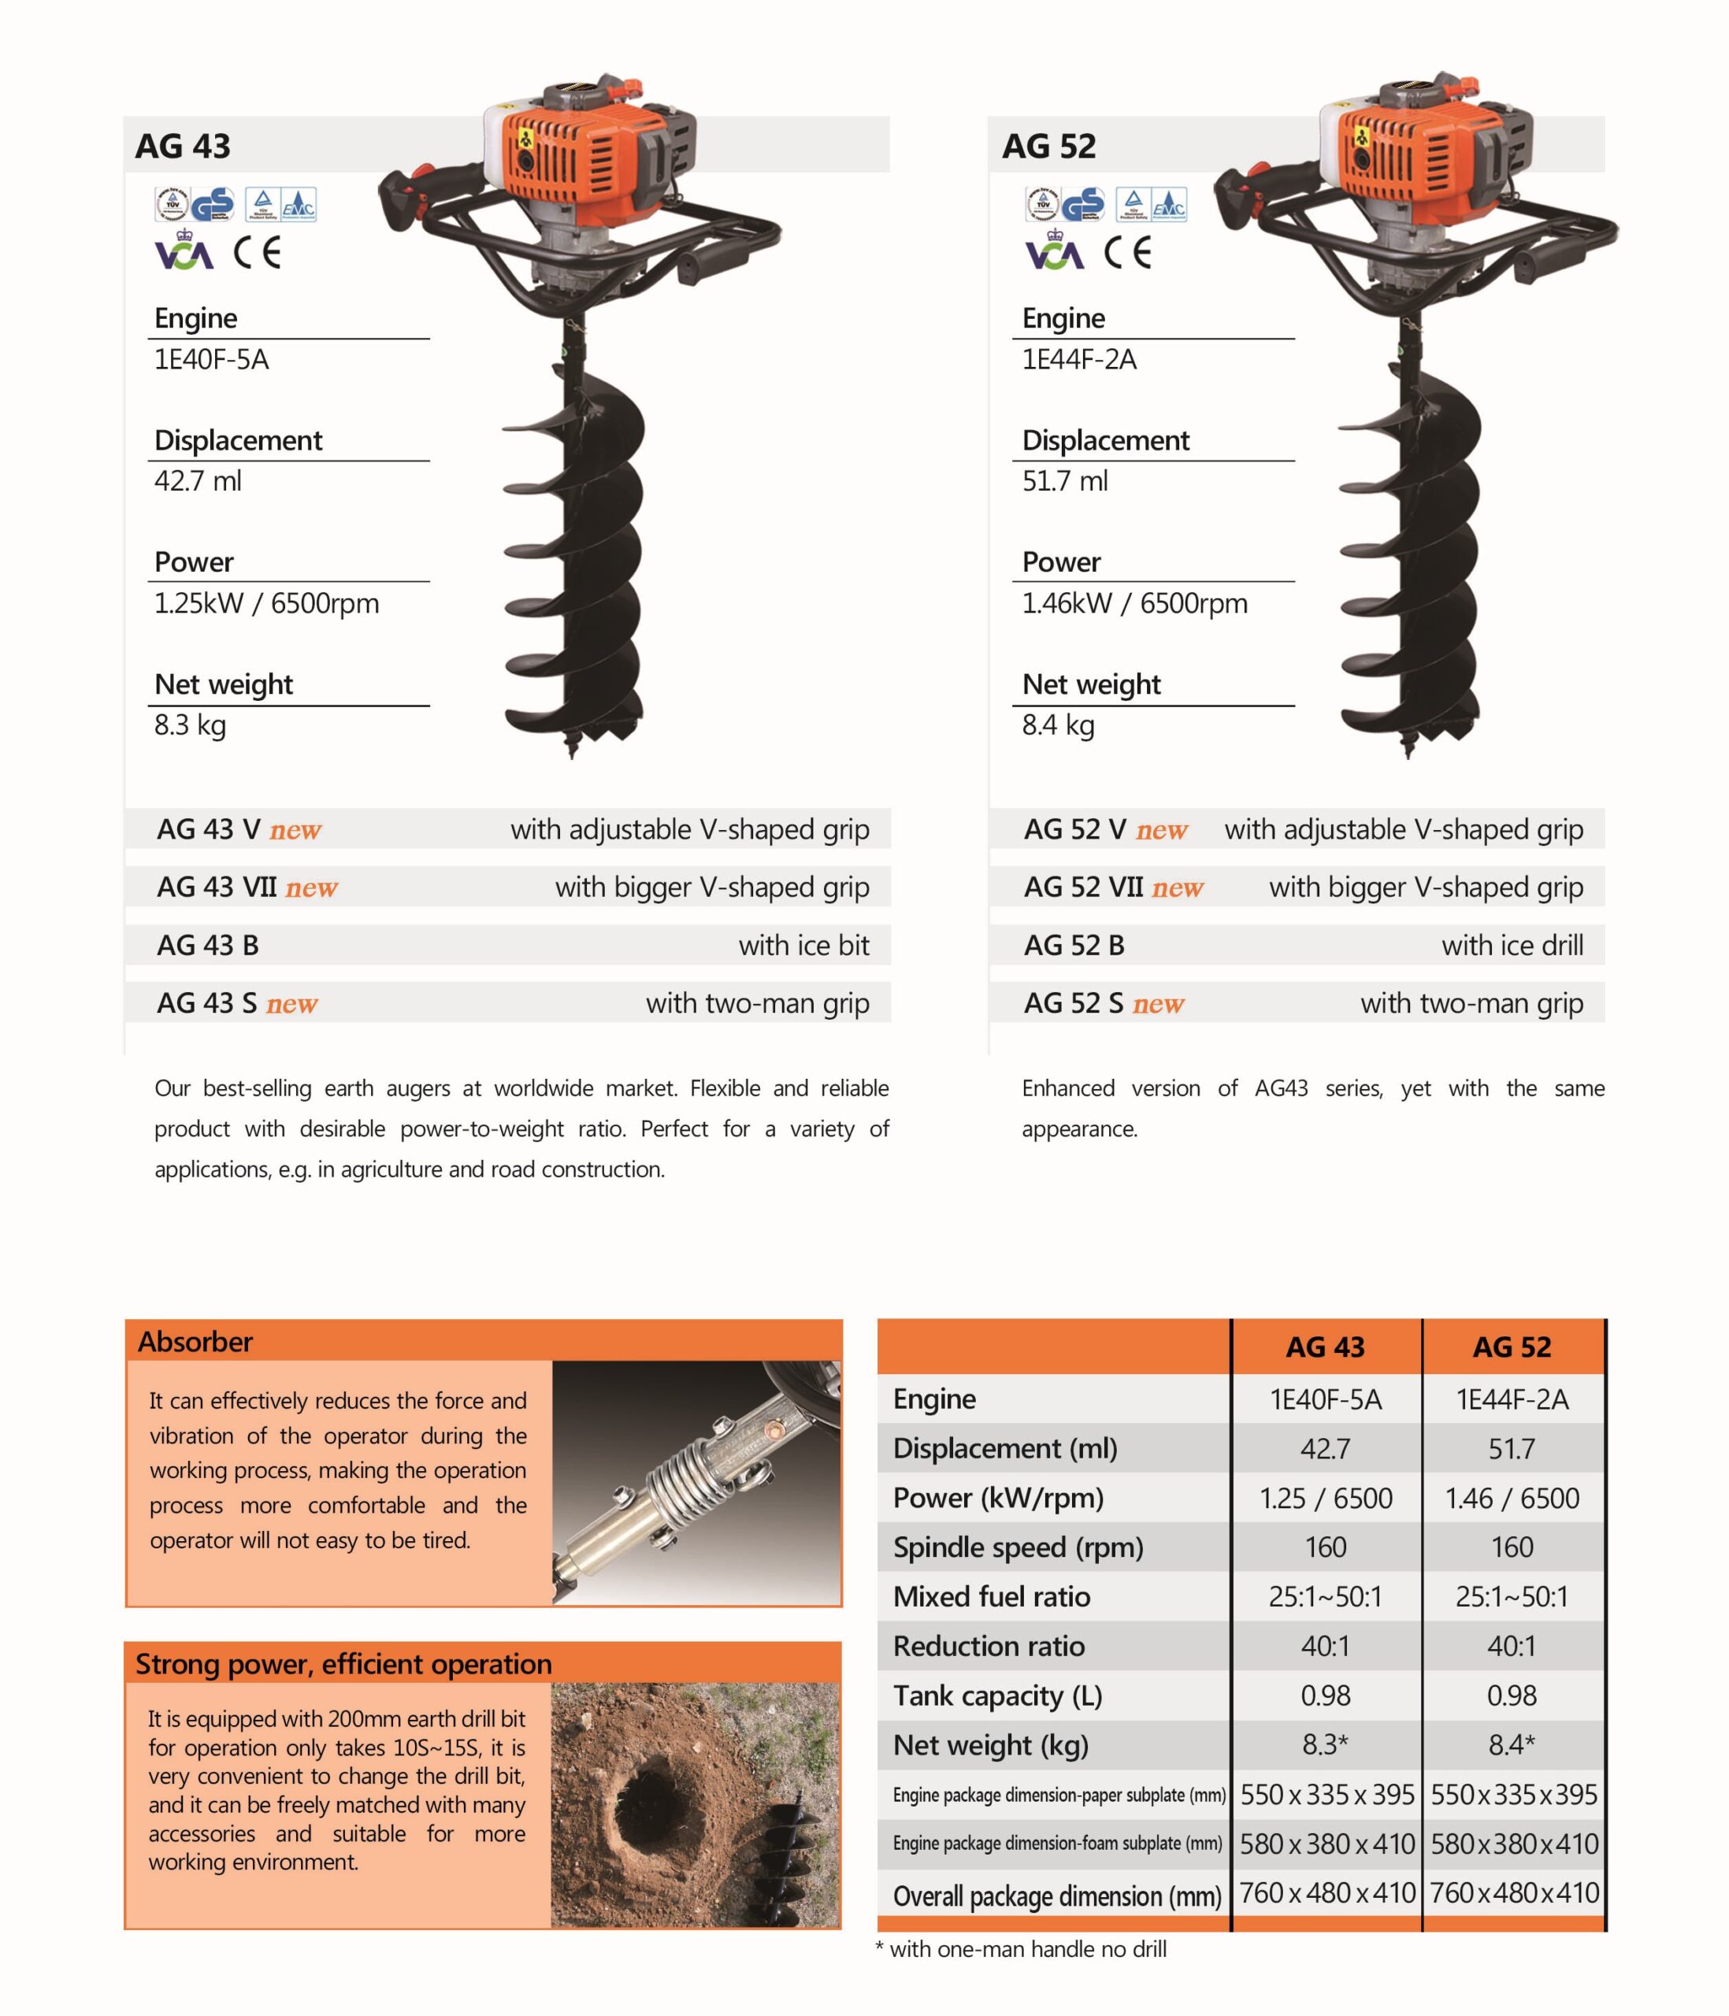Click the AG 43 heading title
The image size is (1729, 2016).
183,146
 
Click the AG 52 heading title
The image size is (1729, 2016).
1049,146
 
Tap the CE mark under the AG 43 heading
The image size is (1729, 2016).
257,253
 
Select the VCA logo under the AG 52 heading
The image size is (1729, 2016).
1054,251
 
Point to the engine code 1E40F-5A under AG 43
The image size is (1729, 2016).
211,360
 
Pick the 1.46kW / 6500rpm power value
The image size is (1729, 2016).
1133,603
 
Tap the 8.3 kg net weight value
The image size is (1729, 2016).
190,724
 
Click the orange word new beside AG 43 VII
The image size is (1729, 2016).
311,888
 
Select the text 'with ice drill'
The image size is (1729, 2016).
1512,945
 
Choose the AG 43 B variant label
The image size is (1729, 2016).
207,945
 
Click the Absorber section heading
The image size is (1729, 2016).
195,1342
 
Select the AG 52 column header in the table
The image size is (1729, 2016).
1511,1347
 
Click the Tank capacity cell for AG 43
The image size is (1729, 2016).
1325,1696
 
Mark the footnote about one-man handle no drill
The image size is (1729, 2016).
1022,1949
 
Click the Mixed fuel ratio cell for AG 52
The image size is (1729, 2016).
1511,1596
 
